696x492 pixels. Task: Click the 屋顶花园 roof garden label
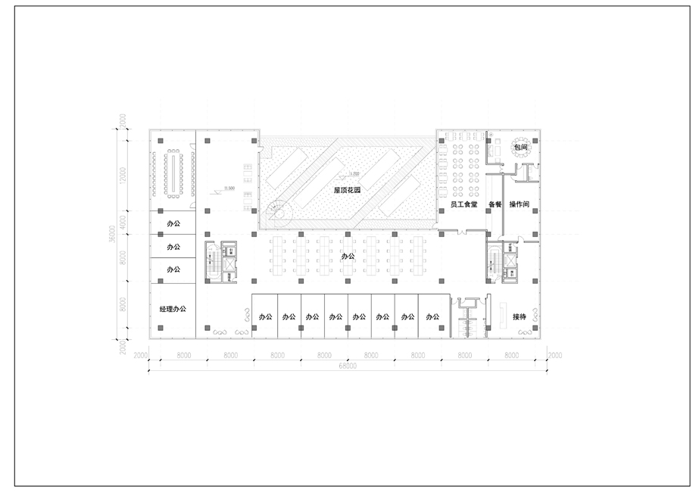[x=347, y=191]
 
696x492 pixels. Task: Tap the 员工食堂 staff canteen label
[x=463, y=204]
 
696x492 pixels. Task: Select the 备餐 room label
[x=495, y=204]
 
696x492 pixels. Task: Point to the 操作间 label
[x=520, y=204]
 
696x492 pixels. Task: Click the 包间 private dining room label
[x=520, y=148]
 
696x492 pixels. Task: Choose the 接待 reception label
[x=520, y=316]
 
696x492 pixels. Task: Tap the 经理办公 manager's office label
[x=173, y=309]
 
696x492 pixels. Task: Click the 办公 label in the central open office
[x=348, y=256]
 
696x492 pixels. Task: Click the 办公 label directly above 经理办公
[x=173, y=269]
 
